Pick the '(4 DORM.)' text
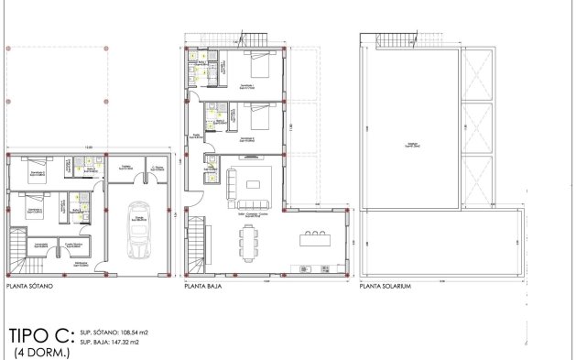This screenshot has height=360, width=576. point(41,352)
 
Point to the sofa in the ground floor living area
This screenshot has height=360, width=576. point(231,184)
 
